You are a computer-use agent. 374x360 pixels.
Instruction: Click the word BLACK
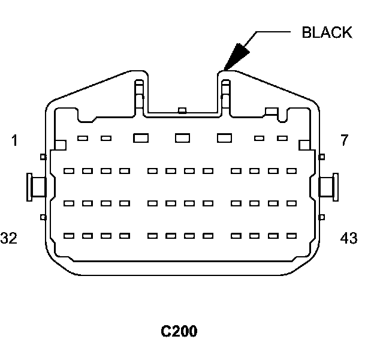point(327,32)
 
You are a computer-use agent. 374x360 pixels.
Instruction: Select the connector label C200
point(179,331)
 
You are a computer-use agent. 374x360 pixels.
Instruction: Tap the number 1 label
point(14,141)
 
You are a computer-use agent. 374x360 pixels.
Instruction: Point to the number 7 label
point(344,141)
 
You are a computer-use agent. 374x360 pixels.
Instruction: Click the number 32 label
point(8,238)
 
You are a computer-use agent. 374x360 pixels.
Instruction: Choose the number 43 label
point(348,238)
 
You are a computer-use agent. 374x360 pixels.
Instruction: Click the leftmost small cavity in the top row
point(83,139)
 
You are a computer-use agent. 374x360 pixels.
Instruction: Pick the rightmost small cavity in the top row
point(282,139)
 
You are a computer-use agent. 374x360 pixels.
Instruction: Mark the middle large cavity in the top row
point(182,138)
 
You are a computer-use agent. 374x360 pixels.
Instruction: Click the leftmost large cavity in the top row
point(141,138)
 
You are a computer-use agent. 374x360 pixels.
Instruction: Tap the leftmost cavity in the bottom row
point(69,235)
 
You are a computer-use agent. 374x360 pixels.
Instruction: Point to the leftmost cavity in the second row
point(69,171)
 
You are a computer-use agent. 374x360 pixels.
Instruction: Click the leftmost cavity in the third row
point(69,203)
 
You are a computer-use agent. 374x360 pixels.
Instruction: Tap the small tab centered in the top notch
point(182,110)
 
